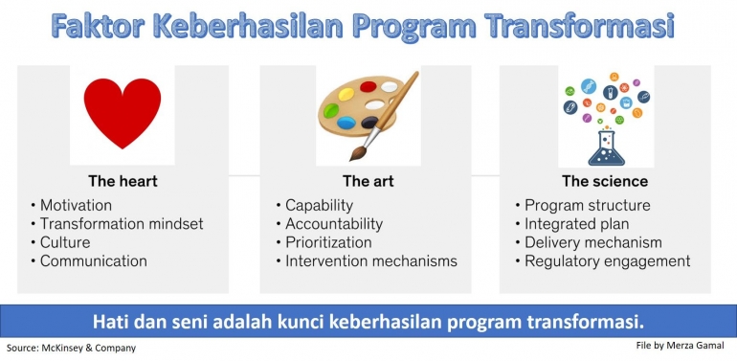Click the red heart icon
point(123,113)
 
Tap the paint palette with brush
point(368,114)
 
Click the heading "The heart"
point(123,180)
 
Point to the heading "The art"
point(368,180)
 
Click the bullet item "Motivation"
point(76,205)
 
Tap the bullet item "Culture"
point(66,242)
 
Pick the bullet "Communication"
point(94,260)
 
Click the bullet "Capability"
point(320,205)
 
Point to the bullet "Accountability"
point(334,223)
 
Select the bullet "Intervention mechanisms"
point(371,260)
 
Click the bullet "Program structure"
point(588,205)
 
